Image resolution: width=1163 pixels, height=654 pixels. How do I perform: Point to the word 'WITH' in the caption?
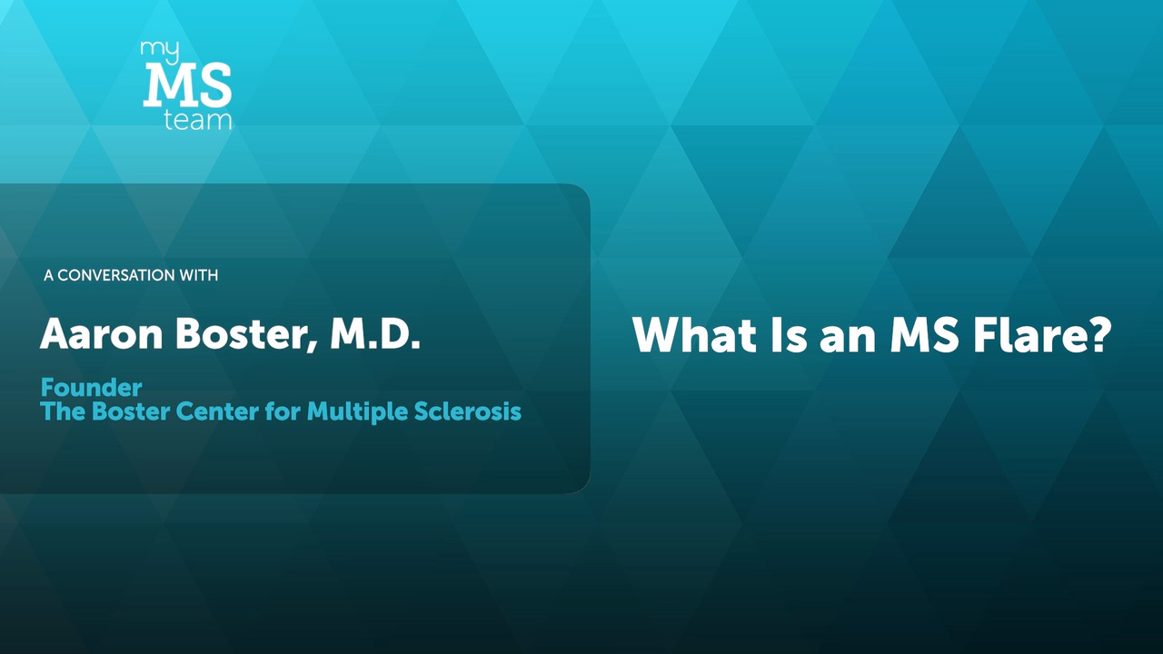[198, 275]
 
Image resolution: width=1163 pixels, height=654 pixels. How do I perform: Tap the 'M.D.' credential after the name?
[375, 335]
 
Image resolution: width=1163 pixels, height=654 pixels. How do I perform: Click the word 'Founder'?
[92, 388]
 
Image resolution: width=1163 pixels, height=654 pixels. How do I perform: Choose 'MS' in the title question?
[924, 335]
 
